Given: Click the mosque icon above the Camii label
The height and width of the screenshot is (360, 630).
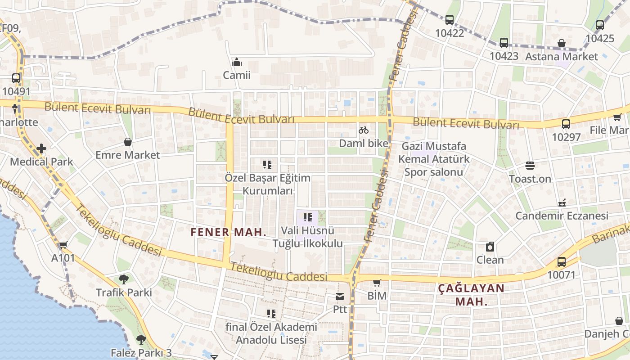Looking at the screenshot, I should [x=237, y=62].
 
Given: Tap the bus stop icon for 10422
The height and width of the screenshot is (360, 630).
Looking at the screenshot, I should [x=449, y=20].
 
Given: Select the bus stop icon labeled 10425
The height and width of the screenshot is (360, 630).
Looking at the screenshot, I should [x=599, y=25].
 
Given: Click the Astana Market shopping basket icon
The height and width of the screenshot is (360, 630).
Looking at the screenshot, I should [x=562, y=44].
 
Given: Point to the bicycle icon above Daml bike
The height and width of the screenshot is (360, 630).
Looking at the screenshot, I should [x=364, y=130].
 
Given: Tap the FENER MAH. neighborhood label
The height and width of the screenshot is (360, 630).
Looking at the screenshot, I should [x=229, y=232].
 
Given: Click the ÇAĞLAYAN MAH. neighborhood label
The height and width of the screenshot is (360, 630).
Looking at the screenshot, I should [x=471, y=294].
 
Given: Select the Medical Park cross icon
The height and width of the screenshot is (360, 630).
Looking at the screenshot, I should [x=41, y=148].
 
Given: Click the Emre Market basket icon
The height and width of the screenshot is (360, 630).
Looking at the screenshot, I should [x=128, y=142].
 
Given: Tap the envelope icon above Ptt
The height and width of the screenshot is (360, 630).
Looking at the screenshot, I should [x=340, y=297].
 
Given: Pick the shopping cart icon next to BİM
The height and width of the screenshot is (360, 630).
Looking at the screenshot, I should [x=377, y=283].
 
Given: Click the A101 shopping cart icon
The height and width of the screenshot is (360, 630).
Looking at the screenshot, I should [x=63, y=245].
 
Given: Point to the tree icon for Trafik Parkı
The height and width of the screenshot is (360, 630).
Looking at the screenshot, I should [x=124, y=279].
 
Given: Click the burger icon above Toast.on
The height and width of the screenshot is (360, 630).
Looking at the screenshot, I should [x=530, y=166].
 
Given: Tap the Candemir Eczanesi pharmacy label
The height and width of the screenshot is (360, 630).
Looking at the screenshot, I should [x=562, y=216].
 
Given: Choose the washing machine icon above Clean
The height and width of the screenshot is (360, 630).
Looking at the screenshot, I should [x=490, y=247].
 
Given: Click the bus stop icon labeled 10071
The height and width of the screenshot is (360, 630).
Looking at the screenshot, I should [x=561, y=262].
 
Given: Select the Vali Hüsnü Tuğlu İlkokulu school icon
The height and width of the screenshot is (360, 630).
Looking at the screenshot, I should [x=308, y=218].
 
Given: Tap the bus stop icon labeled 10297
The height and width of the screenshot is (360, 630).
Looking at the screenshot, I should [x=566, y=124].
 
